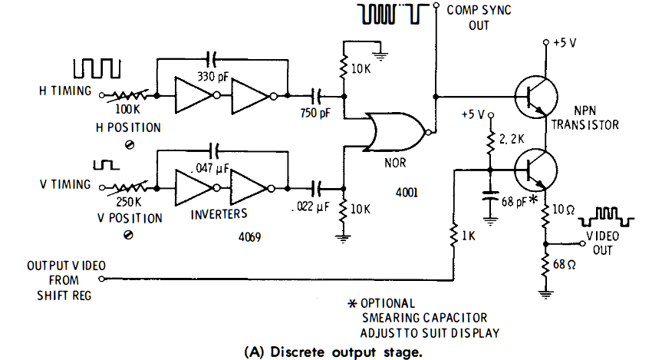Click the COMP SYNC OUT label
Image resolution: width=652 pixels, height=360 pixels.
[x=478, y=18]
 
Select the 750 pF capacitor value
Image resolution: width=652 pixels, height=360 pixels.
[x=314, y=112]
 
